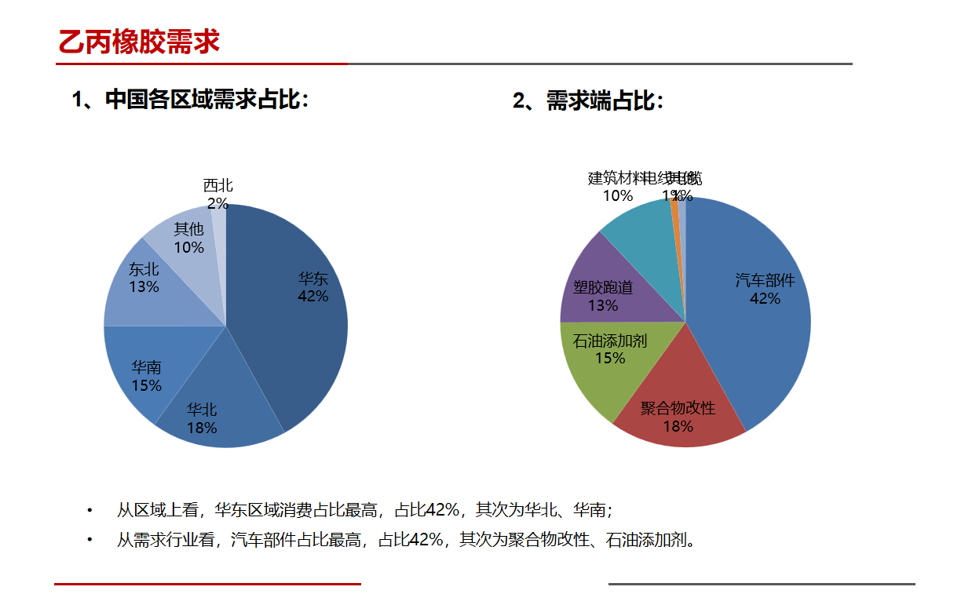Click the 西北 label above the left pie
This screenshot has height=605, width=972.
(218, 185)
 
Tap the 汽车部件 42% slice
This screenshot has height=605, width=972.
(754, 330)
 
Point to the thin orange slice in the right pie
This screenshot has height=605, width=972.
(676, 212)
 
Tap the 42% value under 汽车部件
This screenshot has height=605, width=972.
(765, 298)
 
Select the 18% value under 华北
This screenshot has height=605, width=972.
(202, 428)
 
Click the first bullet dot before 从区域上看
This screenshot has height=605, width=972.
(90, 511)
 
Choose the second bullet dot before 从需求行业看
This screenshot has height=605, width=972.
(90, 540)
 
